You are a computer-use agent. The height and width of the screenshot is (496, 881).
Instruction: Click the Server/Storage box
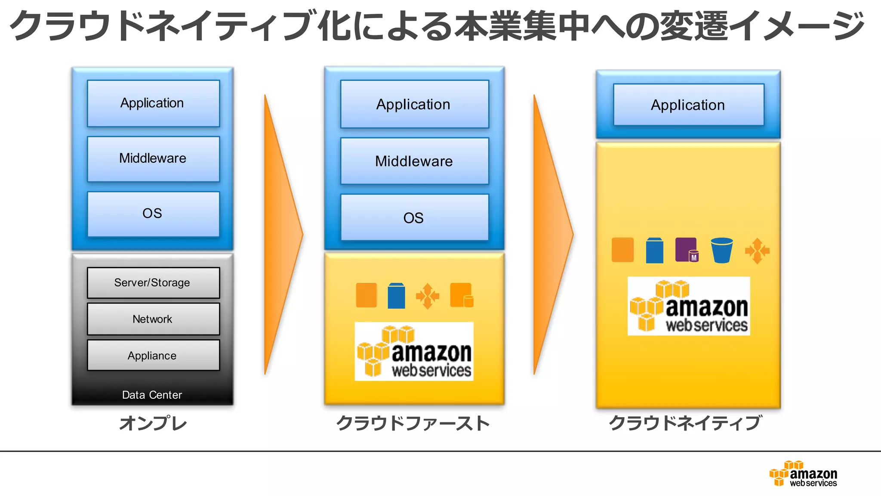coord(153,283)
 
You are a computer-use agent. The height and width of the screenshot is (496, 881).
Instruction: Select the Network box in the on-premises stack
coord(153,319)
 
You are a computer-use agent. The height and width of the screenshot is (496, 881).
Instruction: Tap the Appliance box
coord(153,356)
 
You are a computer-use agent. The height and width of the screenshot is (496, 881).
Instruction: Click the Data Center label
coord(152,395)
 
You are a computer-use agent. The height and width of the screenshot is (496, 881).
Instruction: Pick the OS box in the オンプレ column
coord(153,214)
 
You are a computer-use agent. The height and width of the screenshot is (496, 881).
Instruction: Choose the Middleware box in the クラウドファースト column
coord(414,161)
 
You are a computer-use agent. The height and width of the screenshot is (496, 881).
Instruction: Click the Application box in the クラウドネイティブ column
coord(688,105)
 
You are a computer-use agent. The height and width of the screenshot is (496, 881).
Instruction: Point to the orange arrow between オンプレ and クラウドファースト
coord(282,235)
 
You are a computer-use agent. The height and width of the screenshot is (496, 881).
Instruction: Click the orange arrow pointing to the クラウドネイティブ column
coord(551,235)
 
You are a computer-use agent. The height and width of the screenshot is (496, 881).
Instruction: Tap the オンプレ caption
coord(153,423)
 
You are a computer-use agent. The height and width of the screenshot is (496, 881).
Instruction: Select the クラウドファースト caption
coord(413,423)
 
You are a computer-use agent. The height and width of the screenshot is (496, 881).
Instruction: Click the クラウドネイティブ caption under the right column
coord(686,423)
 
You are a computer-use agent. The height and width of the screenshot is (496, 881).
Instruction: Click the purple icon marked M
coord(687,250)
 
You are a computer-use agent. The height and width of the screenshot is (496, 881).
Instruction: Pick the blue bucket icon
coord(721,250)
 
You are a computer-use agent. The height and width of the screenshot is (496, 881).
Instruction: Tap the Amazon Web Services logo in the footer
coord(803,474)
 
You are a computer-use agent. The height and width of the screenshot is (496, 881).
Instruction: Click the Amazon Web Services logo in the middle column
coord(414,351)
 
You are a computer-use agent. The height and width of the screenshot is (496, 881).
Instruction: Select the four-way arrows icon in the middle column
coord(427,296)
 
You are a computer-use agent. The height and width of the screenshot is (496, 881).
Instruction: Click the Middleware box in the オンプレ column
coord(153,159)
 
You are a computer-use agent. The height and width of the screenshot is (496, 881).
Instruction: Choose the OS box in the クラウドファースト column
coord(414,217)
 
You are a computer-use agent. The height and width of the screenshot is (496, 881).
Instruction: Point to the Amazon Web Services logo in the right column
coord(688,306)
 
